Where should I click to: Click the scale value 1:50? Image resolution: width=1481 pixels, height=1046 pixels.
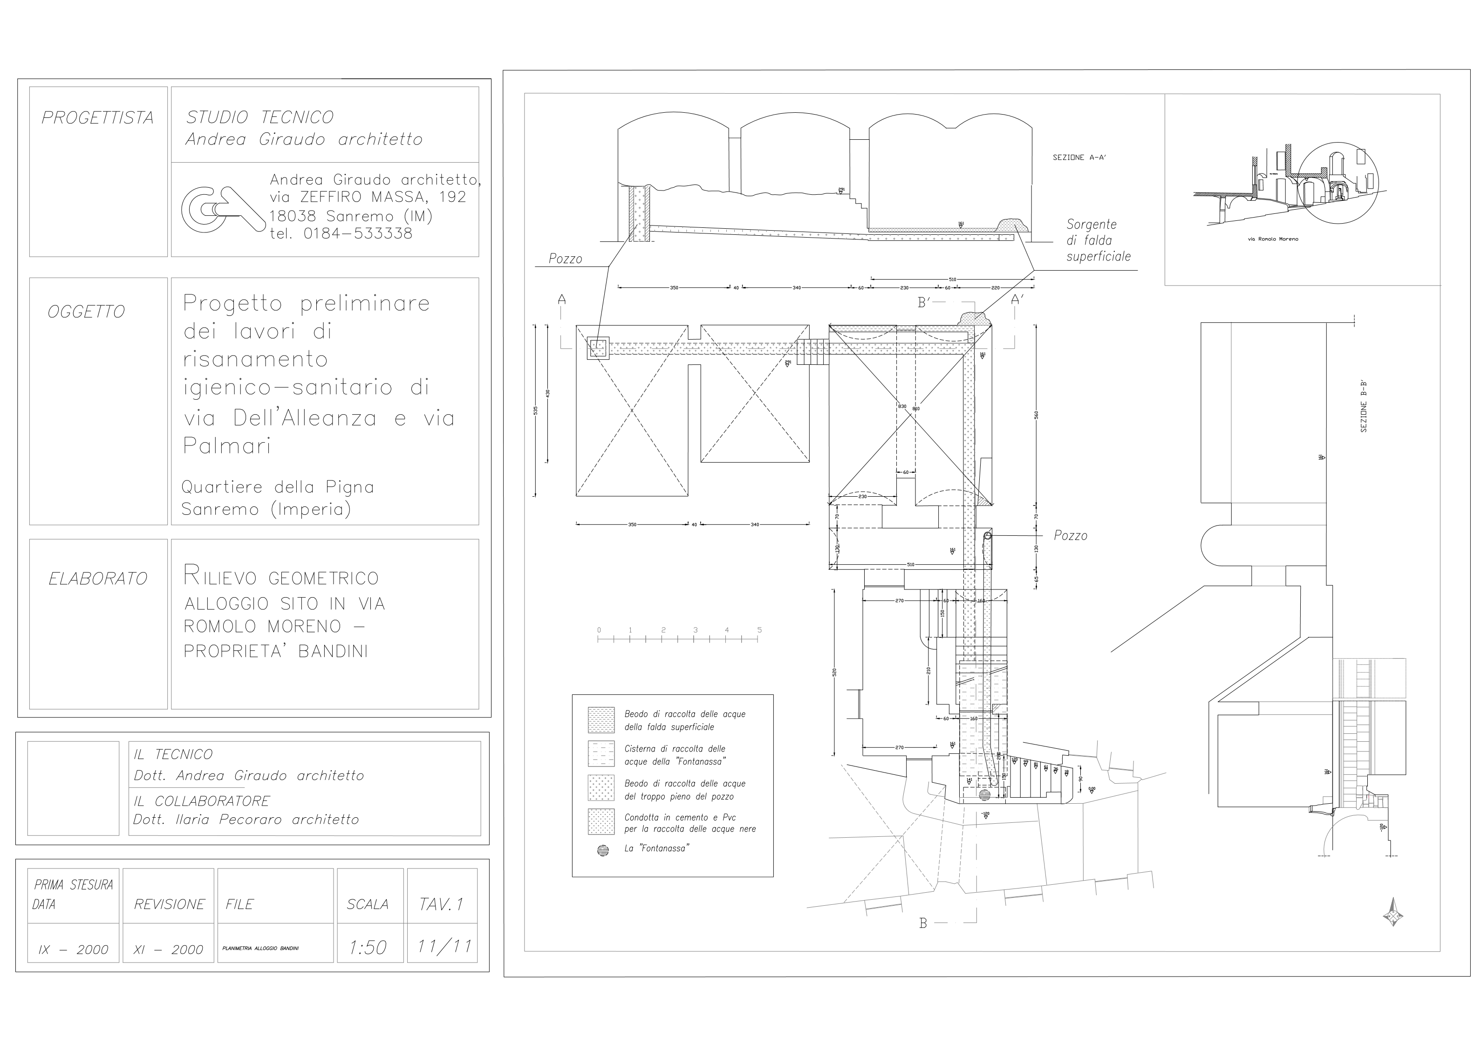tap(368, 947)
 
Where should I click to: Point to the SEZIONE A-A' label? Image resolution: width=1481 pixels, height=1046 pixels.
tap(1079, 157)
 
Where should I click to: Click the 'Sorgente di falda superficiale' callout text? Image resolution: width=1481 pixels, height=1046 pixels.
tap(1098, 240)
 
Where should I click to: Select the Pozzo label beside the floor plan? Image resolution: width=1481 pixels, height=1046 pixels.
tap(1070, 536)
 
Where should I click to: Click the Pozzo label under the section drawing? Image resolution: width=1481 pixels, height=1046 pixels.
tap(565, 259)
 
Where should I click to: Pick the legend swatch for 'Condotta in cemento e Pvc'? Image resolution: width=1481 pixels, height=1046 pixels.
tap(601, 821)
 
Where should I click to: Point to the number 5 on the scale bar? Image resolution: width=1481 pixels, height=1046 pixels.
tap(759, 630)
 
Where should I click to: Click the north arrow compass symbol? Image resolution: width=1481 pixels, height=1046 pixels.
tap(1394, 912)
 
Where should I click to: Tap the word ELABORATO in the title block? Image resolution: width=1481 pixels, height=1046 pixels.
tap(98, 579)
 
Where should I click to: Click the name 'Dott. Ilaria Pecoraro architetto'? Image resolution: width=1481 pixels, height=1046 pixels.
tap(246, 820)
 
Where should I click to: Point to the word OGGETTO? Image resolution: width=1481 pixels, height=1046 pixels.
tap(87, 312)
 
